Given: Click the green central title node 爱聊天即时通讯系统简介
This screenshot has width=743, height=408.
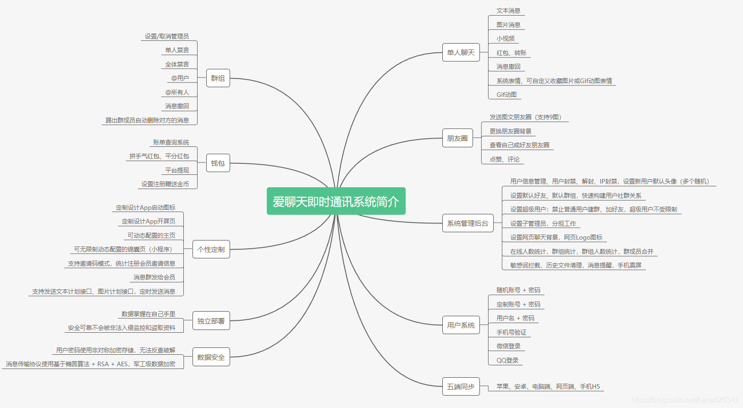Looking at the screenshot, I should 336,201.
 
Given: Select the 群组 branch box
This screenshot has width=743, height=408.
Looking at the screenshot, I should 218,78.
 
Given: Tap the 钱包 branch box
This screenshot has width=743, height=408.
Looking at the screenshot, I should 218,163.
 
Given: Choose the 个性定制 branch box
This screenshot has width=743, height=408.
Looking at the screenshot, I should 211,249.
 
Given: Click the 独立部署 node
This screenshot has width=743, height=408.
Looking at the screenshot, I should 211,321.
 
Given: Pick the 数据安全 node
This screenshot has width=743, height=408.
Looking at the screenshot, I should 211,357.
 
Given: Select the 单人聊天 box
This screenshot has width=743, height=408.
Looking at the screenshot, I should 461,52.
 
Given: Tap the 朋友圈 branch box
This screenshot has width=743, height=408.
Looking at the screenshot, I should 457,138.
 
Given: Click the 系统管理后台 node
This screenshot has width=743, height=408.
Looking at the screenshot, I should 468,223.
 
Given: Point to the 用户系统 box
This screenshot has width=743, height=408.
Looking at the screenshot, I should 461,325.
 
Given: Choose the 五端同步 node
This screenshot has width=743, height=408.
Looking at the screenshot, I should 461,386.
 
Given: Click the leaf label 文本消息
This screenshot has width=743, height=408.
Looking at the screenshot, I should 508,11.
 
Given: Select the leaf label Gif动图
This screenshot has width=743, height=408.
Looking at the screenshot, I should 506,95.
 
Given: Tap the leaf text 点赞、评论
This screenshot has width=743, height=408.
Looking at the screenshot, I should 504,159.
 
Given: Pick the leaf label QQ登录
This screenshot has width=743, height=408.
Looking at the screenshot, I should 507,360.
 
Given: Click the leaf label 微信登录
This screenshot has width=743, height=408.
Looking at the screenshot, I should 508,346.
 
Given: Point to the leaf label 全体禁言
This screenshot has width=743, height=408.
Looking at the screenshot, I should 177,64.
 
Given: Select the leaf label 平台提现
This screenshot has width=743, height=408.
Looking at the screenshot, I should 177,170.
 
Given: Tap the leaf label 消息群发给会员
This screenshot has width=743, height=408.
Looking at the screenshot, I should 154,277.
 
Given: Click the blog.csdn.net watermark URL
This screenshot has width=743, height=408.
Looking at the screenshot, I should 684,400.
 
